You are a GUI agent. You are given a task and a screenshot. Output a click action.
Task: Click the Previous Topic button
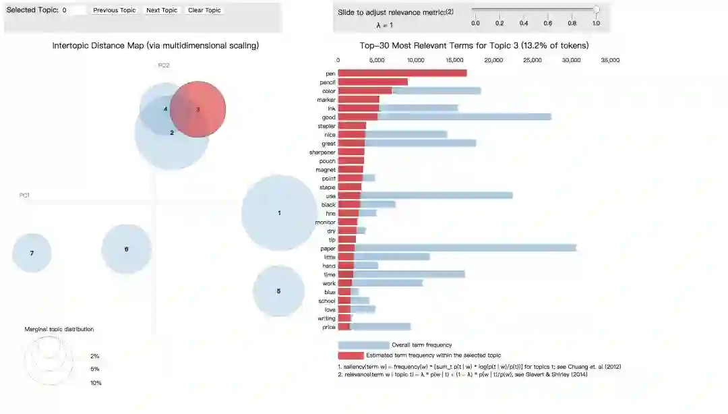[114, 10]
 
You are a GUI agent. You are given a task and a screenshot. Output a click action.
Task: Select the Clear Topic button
[204, 10]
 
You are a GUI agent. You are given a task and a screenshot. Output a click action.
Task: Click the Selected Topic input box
[73, 10]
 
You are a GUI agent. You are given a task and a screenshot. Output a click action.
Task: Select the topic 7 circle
[32, 253]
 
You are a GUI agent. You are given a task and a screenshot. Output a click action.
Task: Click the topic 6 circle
[126, 249]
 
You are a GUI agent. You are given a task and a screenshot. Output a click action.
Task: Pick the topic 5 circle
[278, 291]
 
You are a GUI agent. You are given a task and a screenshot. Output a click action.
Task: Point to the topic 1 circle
[279, 212]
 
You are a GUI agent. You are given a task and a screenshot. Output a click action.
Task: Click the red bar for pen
[402, 73]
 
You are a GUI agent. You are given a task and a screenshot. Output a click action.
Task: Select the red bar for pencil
[372, 82]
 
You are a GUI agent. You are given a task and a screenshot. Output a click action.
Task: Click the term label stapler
[326, 126]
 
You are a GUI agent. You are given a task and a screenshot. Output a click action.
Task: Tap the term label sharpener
[322, 152]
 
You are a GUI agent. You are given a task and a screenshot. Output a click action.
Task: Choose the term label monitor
[325, 222]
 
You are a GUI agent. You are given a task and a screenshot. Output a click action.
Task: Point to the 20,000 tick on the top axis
[493, 60]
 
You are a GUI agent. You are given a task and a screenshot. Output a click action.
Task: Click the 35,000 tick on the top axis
[610, 60]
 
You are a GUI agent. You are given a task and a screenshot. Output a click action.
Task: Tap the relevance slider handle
[596, 9]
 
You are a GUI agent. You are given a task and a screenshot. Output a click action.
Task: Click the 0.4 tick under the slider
[524, 23]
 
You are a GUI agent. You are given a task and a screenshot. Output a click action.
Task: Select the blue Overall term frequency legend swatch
[363, 345]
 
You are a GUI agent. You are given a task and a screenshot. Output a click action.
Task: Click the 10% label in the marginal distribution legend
[96, 383]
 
